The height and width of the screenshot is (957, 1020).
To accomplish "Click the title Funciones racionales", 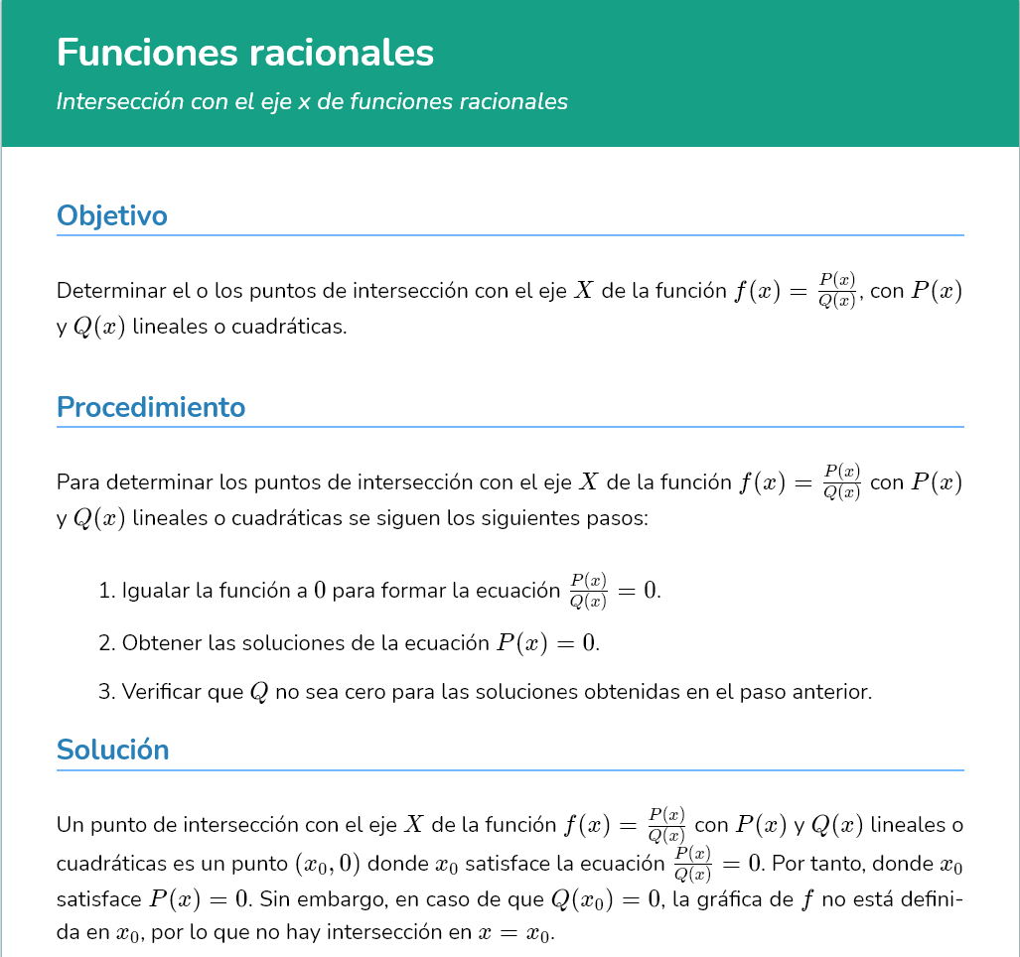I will click(245, 53).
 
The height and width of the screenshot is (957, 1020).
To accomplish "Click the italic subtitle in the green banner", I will click(312, 101).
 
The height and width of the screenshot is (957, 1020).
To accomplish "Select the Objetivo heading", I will click(112, 215).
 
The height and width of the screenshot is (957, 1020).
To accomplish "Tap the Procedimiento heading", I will click(151, 407).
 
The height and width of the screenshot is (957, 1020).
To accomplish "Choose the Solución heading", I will click(113, 750).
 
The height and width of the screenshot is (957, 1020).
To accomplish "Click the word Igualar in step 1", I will click(155, 591).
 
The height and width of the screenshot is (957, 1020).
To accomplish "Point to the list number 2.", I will click(106, 643).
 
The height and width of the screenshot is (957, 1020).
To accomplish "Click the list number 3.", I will click(106, 692).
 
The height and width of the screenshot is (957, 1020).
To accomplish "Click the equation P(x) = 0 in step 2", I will click(548, 643).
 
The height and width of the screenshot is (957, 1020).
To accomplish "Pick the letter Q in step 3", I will click(258, 692).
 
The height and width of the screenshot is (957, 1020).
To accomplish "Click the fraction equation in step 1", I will click(614, 590).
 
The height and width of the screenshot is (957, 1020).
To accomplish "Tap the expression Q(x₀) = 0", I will click(605, 899).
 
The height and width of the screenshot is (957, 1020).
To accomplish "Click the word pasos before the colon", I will click(617, 519).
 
